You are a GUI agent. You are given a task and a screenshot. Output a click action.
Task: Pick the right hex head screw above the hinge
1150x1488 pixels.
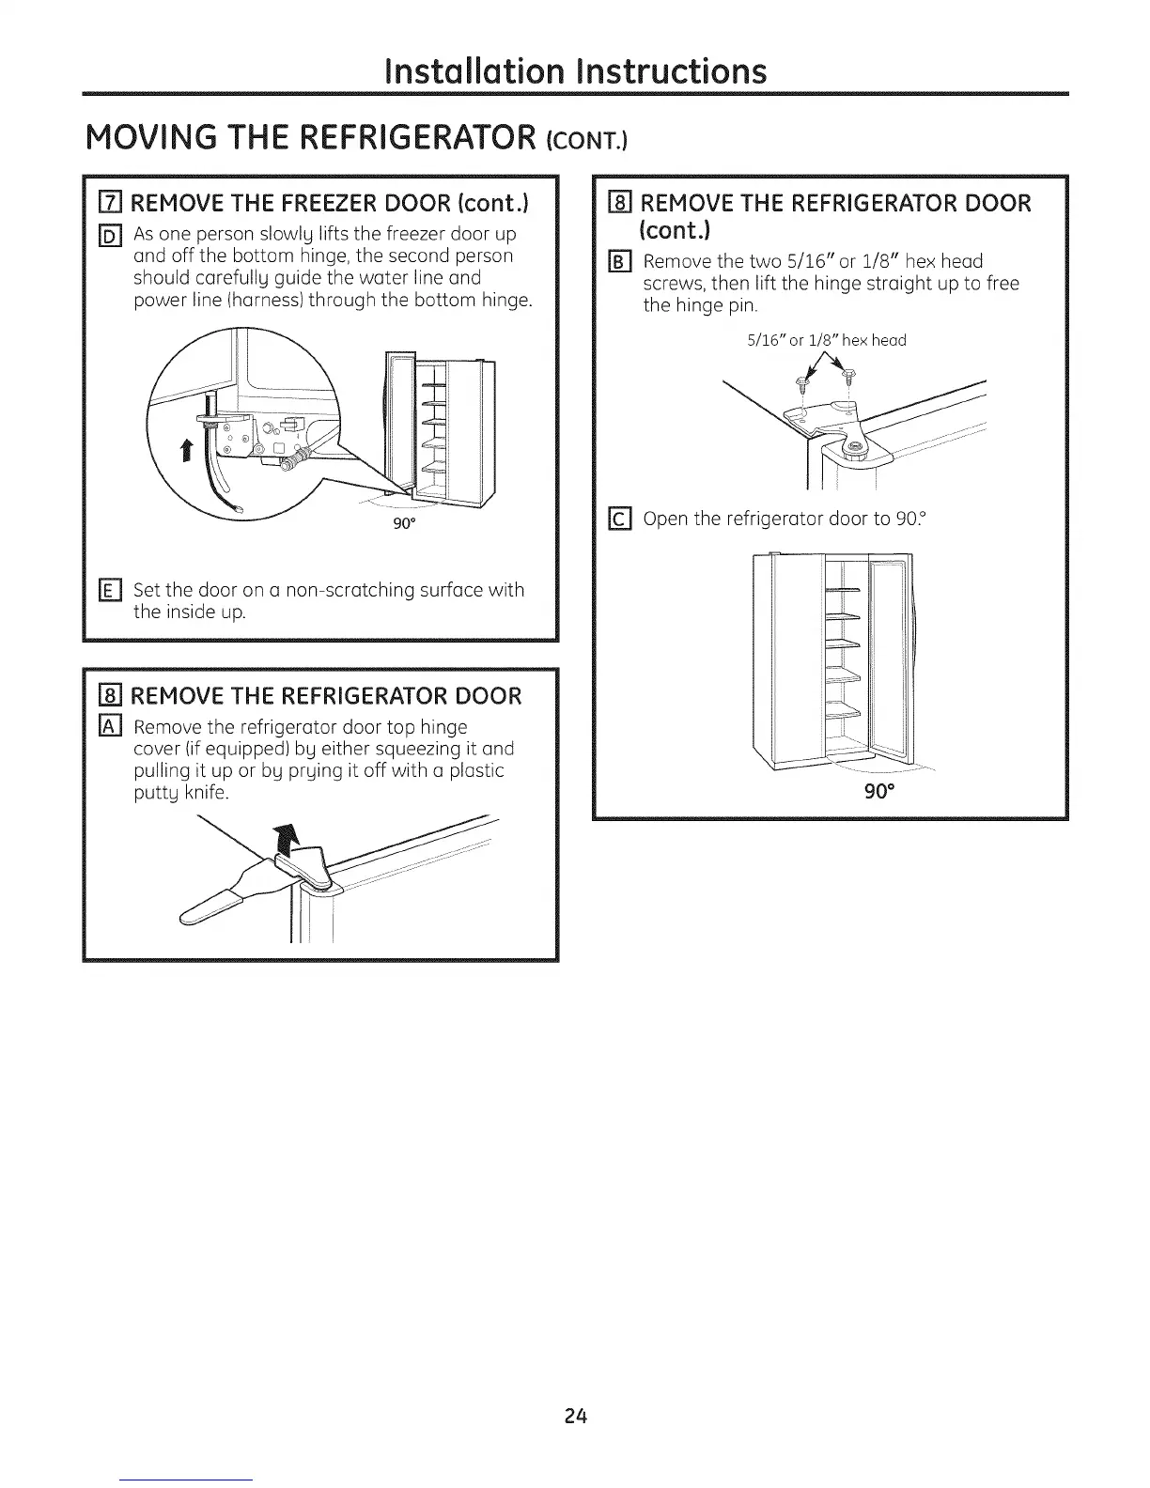(x=848, y=378)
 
